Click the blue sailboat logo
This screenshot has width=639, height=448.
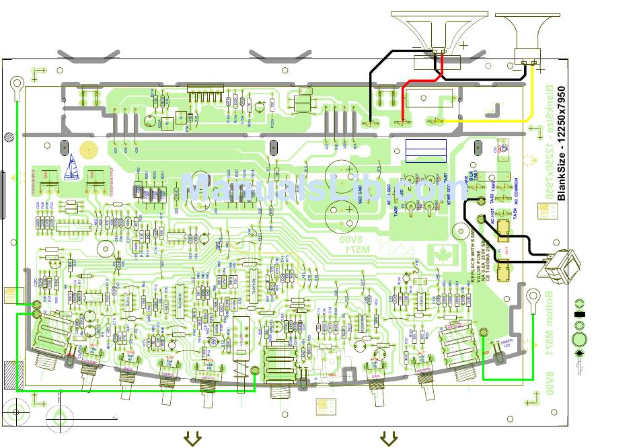coord(71,167)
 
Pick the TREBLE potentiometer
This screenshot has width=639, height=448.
coord(168,387)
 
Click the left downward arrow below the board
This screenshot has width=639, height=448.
coord(193,439)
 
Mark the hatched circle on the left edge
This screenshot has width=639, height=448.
coord(9,137)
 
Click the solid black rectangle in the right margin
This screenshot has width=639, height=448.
coord(578,313)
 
